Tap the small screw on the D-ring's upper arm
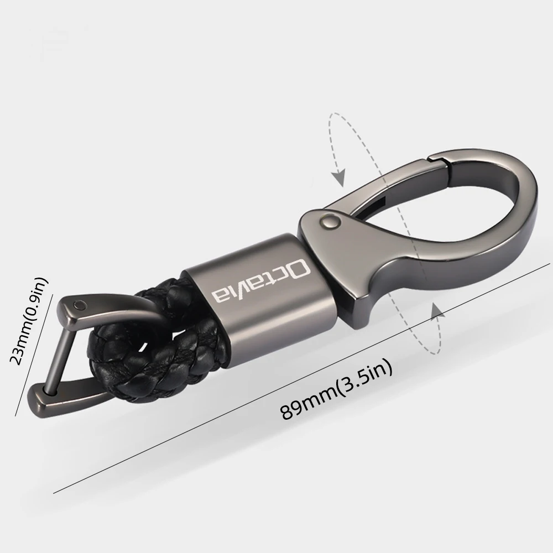[x=81, y=304]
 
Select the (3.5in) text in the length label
[x=368, y=376]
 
